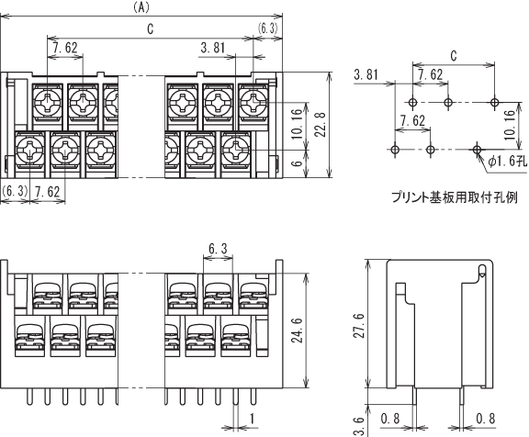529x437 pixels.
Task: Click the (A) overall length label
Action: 141,7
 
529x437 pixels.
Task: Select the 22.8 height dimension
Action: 321,125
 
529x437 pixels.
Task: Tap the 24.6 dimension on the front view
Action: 298,331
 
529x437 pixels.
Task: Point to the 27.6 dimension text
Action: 359,325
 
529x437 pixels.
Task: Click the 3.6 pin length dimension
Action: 359,427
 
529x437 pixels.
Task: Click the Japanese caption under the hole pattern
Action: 455,197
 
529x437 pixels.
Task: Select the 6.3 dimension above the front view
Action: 218,249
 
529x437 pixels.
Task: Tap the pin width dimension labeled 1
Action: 252,419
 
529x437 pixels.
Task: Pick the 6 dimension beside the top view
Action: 297,163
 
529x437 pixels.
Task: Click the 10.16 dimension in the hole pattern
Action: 510,125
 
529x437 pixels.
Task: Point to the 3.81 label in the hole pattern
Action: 366,74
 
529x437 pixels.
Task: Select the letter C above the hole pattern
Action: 454,56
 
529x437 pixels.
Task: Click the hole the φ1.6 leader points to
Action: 477,149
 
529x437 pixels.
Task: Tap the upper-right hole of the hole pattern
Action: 495,102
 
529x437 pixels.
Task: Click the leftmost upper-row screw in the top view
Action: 48,101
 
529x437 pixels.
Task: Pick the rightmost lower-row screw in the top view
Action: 235,149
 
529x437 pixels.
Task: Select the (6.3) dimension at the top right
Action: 268,29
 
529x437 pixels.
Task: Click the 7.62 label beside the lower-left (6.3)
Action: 47,192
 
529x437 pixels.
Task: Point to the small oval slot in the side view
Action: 482,270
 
